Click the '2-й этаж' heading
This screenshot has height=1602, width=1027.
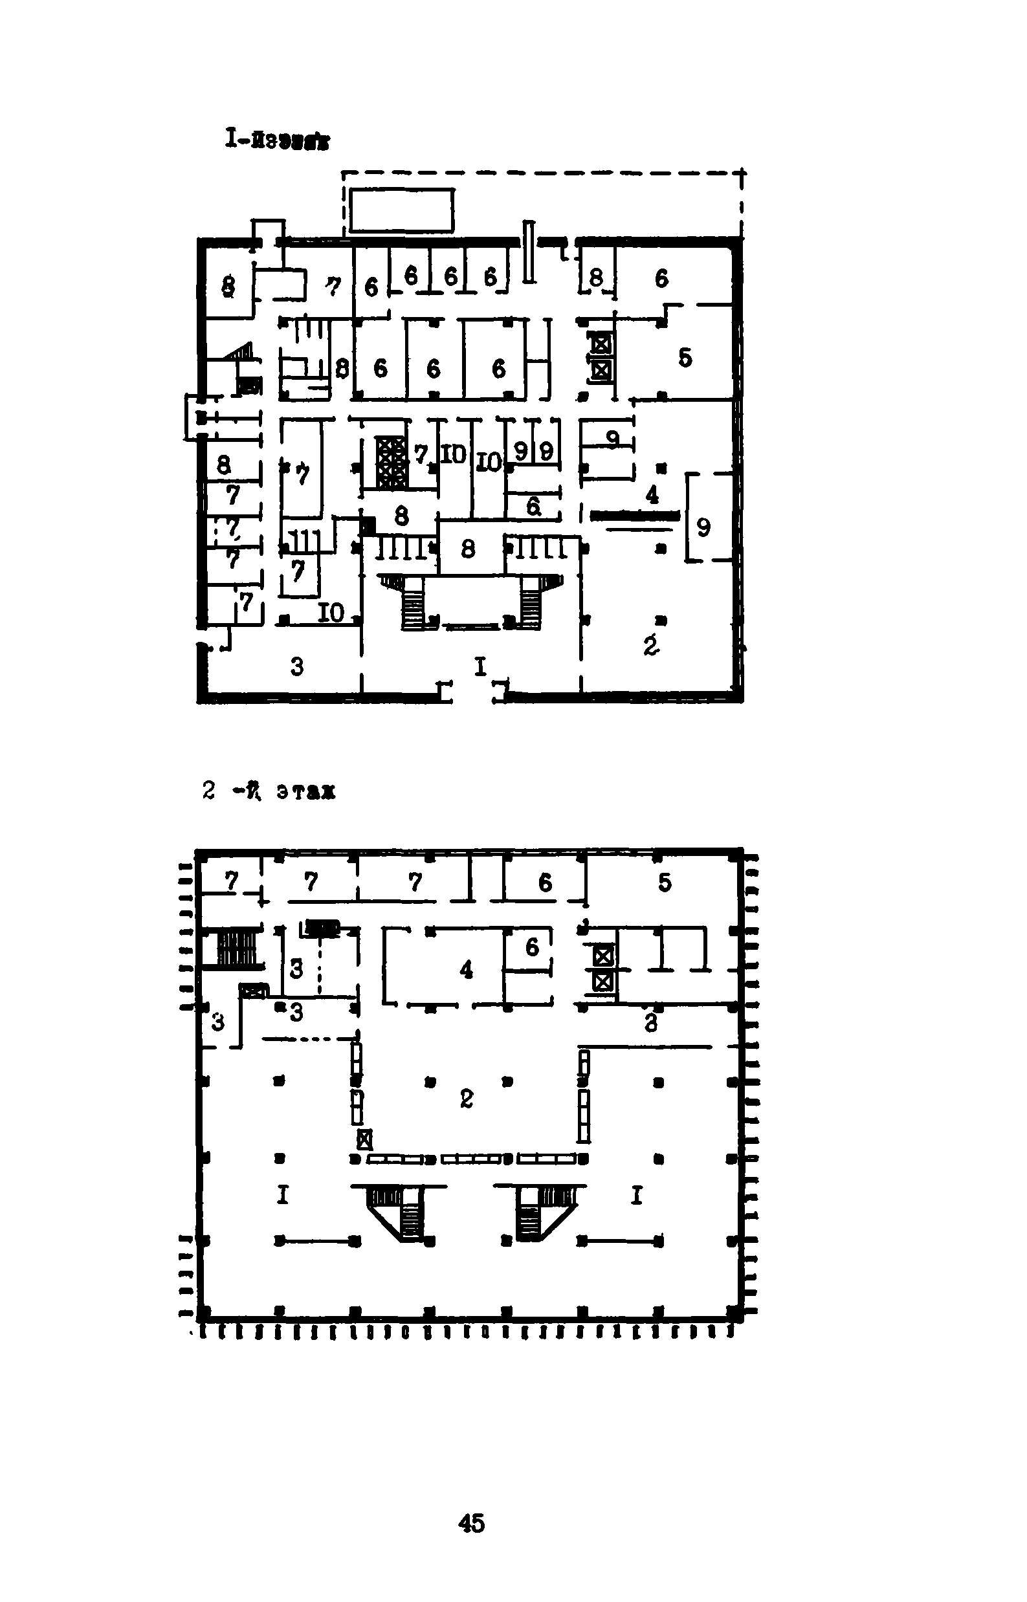coord(269,791)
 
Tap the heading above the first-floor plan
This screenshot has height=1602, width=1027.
coord(277,140)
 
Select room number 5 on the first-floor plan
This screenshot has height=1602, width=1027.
coord(685,358)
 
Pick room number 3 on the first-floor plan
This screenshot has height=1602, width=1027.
coord(297,666)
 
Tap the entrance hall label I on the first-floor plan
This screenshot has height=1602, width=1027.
coord(480,666)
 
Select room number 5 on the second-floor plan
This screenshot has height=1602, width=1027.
coord(664,882)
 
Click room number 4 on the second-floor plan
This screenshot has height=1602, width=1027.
coord(466,969)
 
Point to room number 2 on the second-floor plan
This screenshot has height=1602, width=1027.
coord(466,1098)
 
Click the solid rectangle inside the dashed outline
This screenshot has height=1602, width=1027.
coord(401,210)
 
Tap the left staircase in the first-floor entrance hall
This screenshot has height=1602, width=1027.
coord(410,600)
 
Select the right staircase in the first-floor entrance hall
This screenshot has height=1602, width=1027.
coord(533,600)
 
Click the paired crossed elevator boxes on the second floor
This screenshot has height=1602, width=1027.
coord(603,969)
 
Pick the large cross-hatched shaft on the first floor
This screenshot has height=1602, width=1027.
coord(390,461)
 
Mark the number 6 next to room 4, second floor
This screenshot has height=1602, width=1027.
coord(531,947)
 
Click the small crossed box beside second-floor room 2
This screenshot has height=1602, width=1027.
coord(364,1139)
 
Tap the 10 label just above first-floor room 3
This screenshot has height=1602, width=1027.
coord(331,612)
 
